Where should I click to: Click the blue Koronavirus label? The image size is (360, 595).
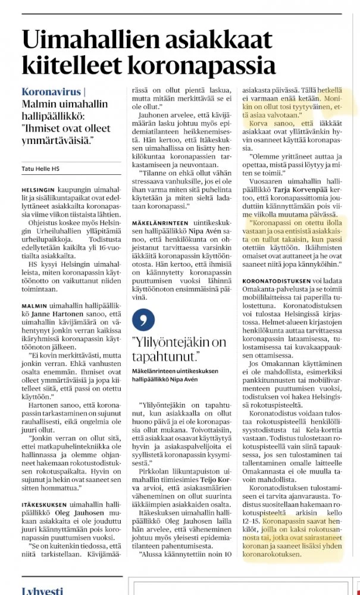click(x=49, y=92)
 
